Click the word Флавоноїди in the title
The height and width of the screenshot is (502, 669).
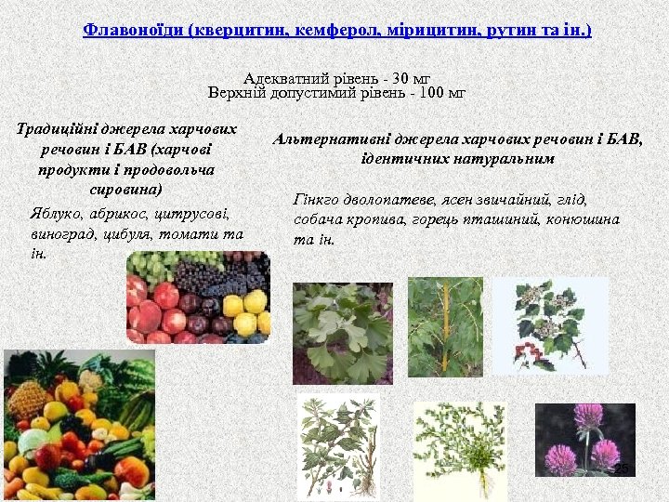(x=131, y=31)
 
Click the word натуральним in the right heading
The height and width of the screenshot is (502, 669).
(x=506, y=159)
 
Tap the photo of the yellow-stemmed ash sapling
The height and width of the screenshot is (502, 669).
(x=445, y=326)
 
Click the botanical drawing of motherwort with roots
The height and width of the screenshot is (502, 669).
(x=338, y=447)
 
